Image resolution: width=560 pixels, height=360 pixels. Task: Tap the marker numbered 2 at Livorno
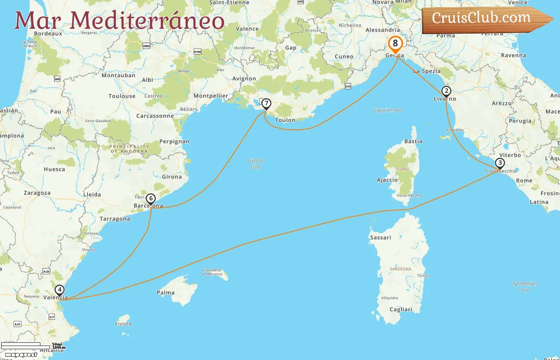(x=446, y=91)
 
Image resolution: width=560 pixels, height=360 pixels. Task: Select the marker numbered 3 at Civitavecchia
(x=500, y=163)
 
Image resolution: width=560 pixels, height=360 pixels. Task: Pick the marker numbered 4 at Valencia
(x=60, y=290)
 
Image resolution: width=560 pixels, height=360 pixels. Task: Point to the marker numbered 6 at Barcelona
(x=150, y=198)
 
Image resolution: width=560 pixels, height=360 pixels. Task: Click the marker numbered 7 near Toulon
(x=266, y=104)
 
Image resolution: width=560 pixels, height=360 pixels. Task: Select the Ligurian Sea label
(x=388, y=110)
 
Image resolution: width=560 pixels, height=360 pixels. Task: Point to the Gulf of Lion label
(x=256, y=164)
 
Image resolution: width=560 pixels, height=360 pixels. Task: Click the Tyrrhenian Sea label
(x=524, y=286)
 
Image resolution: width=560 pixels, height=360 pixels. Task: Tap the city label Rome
(x=524, y=181)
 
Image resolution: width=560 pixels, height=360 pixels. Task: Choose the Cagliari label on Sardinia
(x=401, y=310)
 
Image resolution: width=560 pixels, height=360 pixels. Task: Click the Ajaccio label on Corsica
(x=387, y=180)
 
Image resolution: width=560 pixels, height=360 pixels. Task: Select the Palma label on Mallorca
(x=166, y=293)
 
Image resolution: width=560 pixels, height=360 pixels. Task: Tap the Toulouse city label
(x=122, y=96)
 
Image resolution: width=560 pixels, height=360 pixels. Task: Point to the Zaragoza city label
(x=37, y=193)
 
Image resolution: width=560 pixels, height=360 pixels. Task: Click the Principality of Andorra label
(x=129, y=149)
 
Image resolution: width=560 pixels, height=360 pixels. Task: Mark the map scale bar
(x=26, y=346)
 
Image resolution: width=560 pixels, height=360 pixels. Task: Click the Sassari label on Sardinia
(x=380, y=238)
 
